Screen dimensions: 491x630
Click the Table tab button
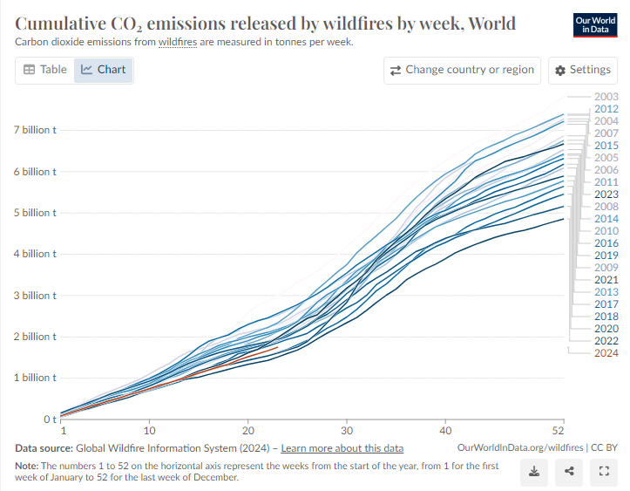44,70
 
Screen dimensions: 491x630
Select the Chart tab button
103,70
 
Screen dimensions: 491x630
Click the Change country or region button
462,70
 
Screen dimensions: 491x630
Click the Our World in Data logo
595,24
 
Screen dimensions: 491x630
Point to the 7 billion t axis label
34,130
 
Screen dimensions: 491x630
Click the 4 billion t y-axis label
34,254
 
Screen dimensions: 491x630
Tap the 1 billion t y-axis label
34,378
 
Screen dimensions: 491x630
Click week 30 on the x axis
347,431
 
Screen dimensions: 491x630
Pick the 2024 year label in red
606,353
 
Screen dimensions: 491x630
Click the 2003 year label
606,97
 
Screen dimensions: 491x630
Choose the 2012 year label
606,109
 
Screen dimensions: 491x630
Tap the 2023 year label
606,194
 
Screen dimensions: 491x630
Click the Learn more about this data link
342,448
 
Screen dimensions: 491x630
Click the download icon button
534,472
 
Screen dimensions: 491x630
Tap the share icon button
569,472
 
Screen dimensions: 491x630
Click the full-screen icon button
603,472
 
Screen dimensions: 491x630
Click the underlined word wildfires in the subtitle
178,42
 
